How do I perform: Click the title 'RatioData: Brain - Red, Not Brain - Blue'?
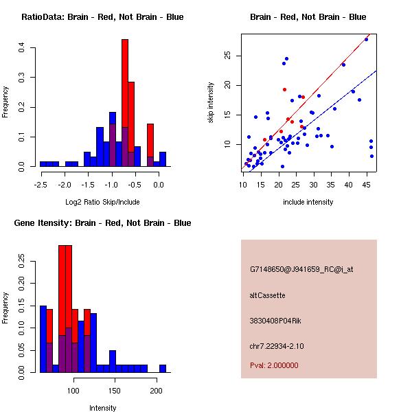coord(102,17)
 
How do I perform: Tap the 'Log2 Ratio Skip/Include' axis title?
coord(102,202)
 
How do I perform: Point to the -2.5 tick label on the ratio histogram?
coord(41,184)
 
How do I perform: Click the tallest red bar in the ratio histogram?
coord(125,82)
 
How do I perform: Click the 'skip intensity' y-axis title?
coord(211,103)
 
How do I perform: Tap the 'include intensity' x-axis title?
coord(308,202)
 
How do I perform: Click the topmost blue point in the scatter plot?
coord(367,39)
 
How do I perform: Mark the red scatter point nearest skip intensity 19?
coord(284,89)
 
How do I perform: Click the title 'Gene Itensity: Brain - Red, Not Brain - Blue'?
coord(102,223)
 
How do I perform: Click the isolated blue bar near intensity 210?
coord(163,368)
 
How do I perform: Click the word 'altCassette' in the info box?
coord(267,295)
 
